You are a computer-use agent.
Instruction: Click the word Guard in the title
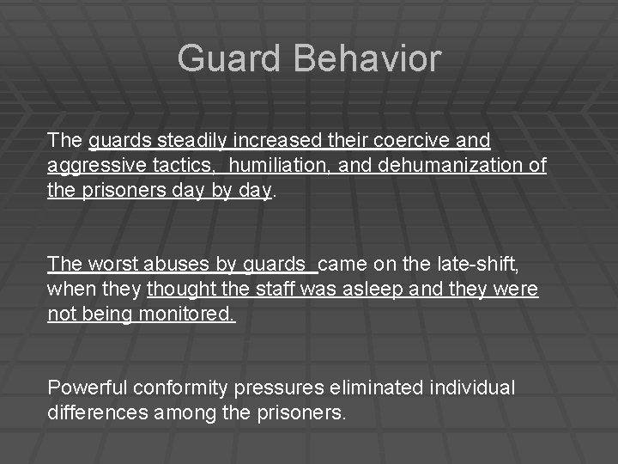pyautogui.click(x=228, y=59)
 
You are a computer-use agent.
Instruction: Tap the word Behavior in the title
pyautogui.click(x=367, y=59)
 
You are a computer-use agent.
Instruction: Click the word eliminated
pyautogui.click(x=356, y=388)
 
